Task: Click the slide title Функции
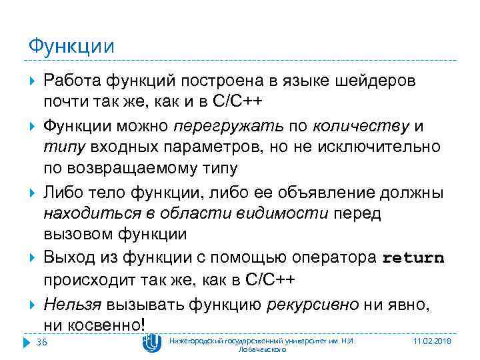coord(71,47)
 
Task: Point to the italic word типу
coord(62,145)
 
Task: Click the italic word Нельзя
coord(71,305)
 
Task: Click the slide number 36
coord(41,343)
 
